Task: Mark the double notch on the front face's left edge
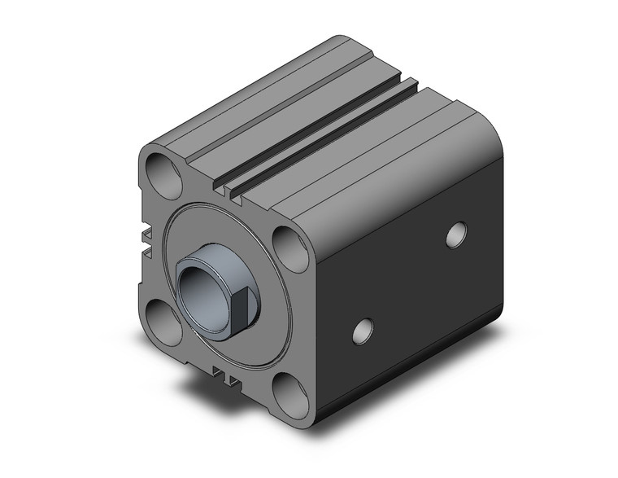147,242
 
